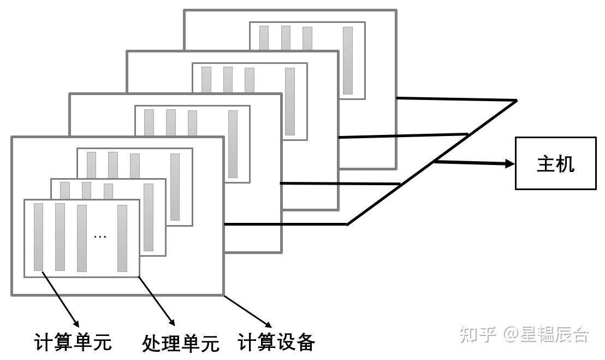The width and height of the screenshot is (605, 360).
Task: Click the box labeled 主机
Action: click(x=555, y=163)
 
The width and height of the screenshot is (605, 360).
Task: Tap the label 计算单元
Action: click(x=73, y=343)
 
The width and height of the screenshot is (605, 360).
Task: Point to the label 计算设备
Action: click(x=276, y=343)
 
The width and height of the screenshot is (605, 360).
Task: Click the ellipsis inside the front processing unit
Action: click(x=100, y=237)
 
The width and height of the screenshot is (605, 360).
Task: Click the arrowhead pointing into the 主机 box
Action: click(x=509, y=163)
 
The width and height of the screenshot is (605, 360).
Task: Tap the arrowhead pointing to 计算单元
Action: click(x=76, y=322)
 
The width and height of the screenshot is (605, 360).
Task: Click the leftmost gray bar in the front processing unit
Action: click(x=38, y=237)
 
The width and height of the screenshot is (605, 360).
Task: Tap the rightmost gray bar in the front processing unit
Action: click(x=122, y=238)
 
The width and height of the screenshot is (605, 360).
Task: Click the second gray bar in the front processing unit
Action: click(x=60, y=237)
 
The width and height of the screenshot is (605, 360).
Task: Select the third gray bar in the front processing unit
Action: click(x=82, y=238)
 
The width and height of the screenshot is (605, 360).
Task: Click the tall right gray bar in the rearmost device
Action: click(x=348, y=60)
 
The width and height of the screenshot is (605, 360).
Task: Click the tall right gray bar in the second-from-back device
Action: click(x=290, y=101)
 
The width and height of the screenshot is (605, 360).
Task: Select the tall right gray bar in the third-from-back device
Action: click(x=233, y=144)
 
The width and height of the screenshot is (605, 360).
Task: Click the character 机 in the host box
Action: click(x=566, y=163)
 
